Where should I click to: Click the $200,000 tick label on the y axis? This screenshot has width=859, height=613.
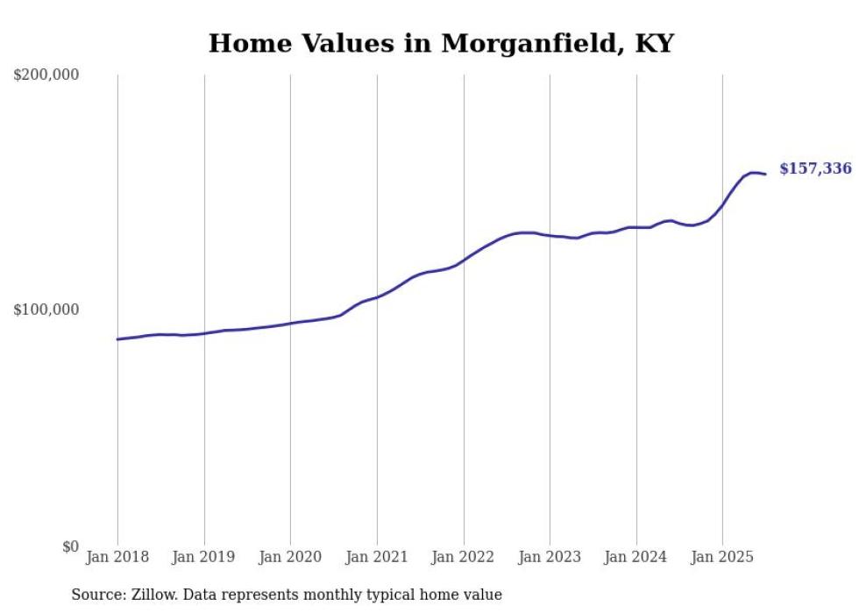point(46,75)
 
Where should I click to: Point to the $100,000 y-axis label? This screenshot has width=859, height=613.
point(46,310)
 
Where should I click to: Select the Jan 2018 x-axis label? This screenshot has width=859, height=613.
point(117,557)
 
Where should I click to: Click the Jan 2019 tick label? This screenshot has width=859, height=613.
point(204,557)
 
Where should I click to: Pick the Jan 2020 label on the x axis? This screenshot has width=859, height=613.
point(290,557)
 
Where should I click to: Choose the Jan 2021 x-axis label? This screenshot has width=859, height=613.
point(377,557)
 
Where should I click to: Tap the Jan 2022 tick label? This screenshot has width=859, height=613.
point(464,557)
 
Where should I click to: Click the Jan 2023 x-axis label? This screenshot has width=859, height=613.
point(550,557)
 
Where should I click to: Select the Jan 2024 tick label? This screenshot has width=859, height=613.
point(636,557)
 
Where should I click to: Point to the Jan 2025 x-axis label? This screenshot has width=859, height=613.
point(722,557)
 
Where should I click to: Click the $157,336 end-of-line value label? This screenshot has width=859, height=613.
point(815,168)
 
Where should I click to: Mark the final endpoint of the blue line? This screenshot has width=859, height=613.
point(765,174)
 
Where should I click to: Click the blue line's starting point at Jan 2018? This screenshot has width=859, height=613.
point(117,339)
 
